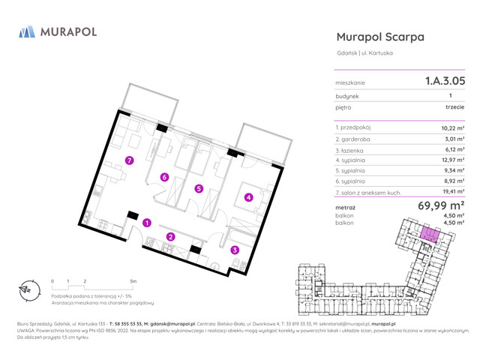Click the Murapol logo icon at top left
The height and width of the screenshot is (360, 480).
27,31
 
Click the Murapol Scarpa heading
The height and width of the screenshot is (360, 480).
380,36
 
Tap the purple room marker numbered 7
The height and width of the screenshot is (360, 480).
130,160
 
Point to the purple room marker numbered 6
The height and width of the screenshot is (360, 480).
163,177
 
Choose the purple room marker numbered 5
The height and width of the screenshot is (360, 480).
198,189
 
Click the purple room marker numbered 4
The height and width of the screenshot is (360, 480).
248,198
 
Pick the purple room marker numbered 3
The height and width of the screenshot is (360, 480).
235,250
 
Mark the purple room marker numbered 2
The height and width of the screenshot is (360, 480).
170,238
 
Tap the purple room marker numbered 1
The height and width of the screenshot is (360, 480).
148,223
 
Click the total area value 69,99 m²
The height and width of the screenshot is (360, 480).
441,205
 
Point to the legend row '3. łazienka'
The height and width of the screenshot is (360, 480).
353,149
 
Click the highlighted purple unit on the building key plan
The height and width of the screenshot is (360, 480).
429,235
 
